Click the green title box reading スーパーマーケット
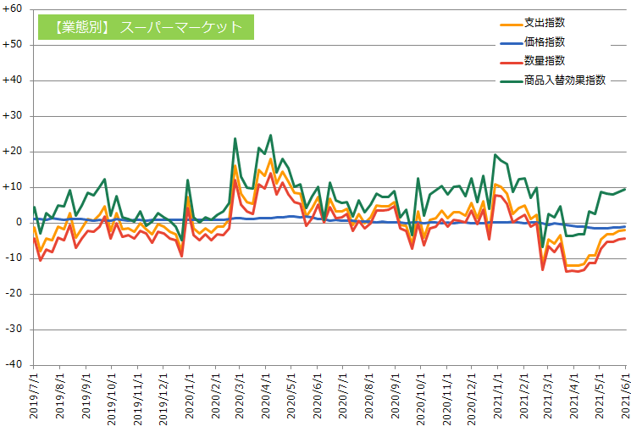(x=146, y=27)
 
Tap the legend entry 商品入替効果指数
(x=564, y=80)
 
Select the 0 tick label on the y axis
(x=19, y=222)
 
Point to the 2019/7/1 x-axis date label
(x=35, y=399)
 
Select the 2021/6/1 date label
(x=626, y=399)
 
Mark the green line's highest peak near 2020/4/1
(x=270, y=135)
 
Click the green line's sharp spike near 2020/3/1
(x=235, y=138)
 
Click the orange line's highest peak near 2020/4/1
(x=270, y=158)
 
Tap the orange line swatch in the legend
(x=510, y=23)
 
